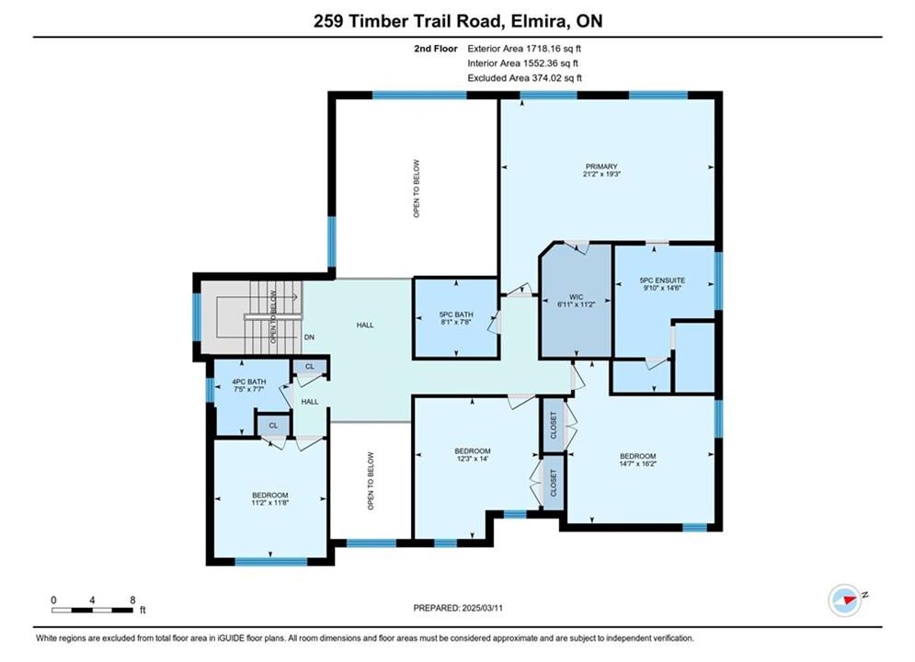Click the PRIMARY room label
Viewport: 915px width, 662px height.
(x=601, y=166)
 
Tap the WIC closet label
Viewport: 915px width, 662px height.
(x=576, y=297)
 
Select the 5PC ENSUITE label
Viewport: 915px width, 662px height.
(x=662, y=280)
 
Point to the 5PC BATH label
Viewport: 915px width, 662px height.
(x=456, y=314)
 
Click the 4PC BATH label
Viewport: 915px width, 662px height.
(x=248, y=382)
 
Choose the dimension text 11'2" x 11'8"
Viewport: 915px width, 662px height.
(x=270, y=503)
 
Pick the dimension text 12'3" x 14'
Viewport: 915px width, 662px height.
(x=473, y=459)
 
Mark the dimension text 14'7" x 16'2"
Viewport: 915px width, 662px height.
(x=638, y=463)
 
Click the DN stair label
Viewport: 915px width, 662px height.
(x=309, y=337)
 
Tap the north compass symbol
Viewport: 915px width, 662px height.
(x=845, y=599)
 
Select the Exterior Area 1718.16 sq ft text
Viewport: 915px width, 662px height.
(x=524, y=49)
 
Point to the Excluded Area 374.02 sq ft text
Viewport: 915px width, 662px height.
(x=524, y=77)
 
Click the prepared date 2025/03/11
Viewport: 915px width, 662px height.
(x=482, y=608)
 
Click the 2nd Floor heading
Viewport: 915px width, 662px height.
(x=436, y=49)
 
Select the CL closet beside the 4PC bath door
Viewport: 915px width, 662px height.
(x=310, y=366)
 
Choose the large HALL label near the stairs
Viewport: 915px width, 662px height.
(x=365, y=325)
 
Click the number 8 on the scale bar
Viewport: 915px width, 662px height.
(x=132, y=599)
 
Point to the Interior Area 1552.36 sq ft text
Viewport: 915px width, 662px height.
(x=523, y=63)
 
